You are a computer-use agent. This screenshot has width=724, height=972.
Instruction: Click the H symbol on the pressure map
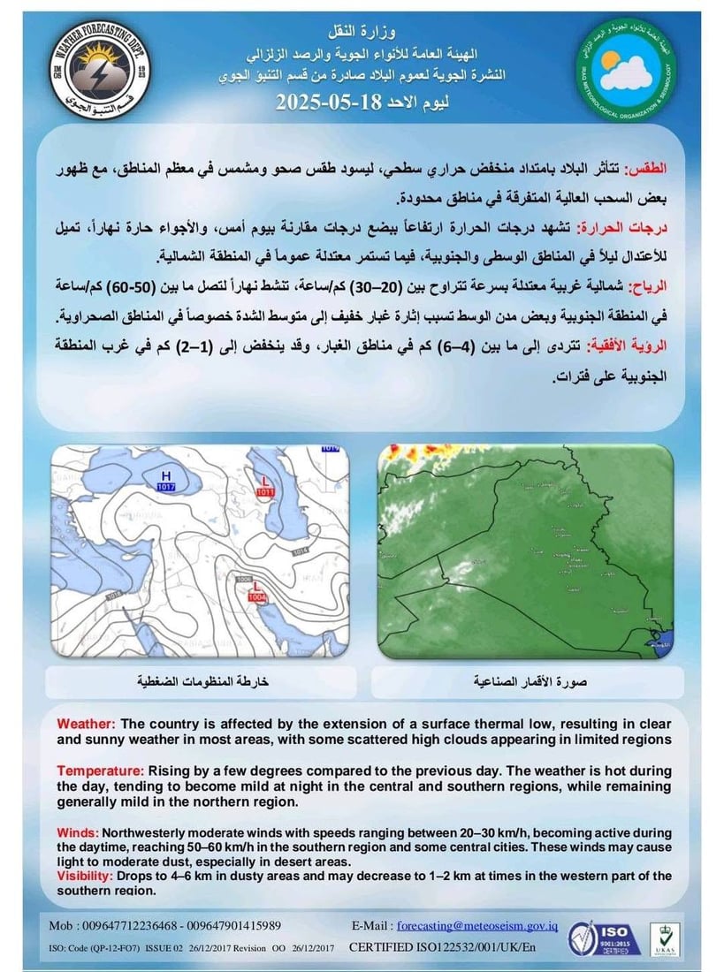point(165,475)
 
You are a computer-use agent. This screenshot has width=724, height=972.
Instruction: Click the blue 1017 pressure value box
point(165,487)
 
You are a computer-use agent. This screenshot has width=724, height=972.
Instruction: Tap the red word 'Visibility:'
point(85,876)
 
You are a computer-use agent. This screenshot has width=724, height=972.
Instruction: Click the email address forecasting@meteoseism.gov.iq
point(477,925)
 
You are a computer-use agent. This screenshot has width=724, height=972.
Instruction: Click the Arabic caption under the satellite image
point(526,681)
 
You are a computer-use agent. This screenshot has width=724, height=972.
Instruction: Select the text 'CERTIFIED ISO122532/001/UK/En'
point(443,947)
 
